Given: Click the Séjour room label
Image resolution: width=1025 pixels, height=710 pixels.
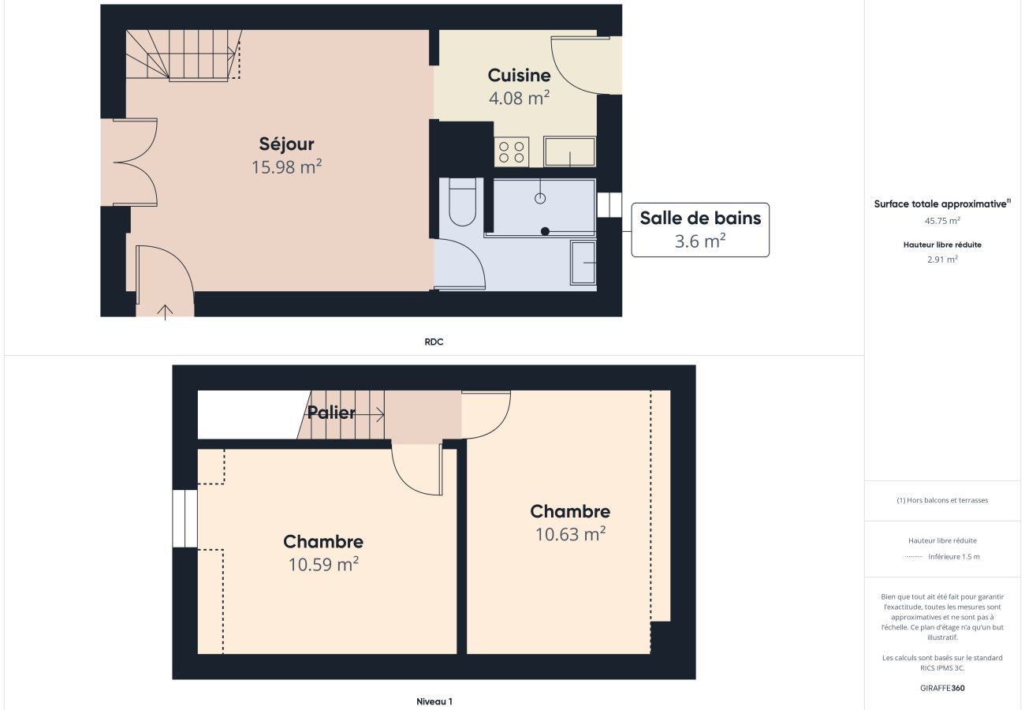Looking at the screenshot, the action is pos(286,144).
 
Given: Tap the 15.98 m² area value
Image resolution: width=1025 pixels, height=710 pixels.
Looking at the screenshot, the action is pos(286,167).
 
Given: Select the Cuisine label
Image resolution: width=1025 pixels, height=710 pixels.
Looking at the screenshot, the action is pos(519,76).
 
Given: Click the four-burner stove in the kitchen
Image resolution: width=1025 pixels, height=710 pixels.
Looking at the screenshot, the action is pos(512,152).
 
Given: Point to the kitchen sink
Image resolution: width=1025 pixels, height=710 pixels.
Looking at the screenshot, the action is pos(570,151).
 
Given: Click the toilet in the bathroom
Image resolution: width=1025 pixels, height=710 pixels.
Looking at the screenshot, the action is pos(462,202).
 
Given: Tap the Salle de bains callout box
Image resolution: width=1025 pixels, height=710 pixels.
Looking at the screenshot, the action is pos(700,230).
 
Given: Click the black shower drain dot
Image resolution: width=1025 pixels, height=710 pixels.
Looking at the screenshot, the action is pos(545,232).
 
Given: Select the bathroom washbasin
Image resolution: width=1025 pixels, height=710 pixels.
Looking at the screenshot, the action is pos(583,263).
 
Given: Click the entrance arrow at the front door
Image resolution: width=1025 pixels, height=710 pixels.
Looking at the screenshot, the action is pos(166,312).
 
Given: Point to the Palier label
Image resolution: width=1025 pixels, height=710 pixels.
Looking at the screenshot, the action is pos(331,413).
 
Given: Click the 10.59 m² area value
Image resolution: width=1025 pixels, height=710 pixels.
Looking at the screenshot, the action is pos(323,564).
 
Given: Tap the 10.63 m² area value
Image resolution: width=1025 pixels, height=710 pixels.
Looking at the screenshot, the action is pos(571,534).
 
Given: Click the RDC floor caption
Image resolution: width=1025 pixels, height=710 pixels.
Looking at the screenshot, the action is pos(434,342).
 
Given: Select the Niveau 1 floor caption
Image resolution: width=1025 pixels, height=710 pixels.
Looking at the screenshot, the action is pos(434,701).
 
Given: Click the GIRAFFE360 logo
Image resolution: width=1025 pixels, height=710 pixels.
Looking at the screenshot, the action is pos(942,688).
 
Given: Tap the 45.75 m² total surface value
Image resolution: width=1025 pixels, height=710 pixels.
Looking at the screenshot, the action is pos(942,221).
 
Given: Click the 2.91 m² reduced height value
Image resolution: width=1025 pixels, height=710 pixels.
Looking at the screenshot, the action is pos(943,259).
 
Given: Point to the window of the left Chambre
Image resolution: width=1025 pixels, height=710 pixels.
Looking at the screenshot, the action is pos(184,518).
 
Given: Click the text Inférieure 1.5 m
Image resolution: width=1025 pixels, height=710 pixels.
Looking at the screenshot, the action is pos(954,557).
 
